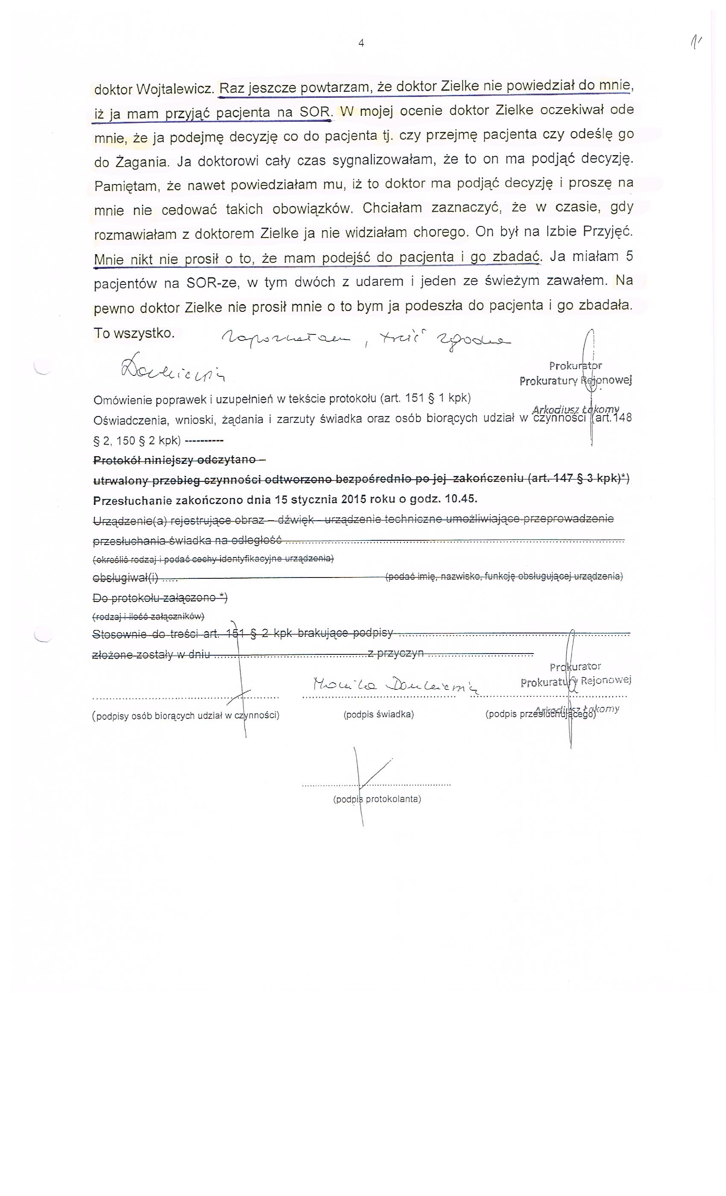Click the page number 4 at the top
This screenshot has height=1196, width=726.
361,43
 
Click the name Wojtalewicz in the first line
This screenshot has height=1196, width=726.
174,90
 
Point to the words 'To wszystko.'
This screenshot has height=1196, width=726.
134,334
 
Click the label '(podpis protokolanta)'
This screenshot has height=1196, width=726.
377,798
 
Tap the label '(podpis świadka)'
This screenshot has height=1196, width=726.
378,715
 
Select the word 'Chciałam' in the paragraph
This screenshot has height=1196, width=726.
387,208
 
